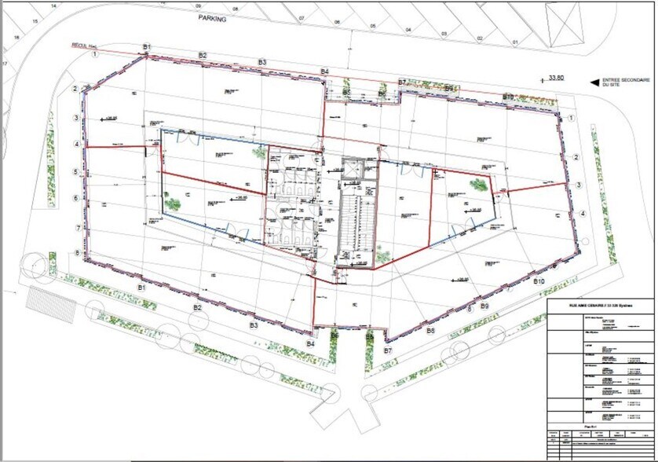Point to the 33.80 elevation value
(557, 78)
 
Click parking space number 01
(515, 41)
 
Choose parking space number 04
(408, 30)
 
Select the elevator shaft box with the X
(349, 170)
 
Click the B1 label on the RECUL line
(147, 47)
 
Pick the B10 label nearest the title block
(539, 280)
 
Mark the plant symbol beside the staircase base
(382, 253)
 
